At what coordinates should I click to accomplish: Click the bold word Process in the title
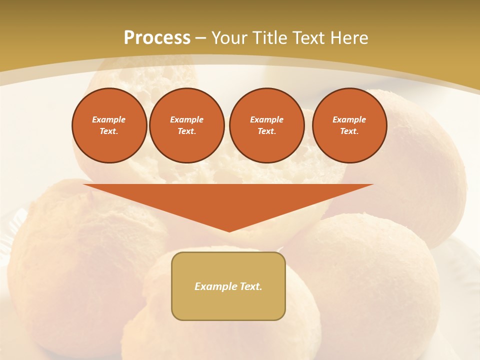tap(157, 38)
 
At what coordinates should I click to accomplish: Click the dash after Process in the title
tap(200, 38)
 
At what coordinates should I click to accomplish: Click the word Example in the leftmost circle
tap(109, 119)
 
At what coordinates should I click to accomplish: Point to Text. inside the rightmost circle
tap(349, 131)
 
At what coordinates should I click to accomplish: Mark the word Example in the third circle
tap(266, 119)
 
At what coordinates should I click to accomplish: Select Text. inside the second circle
tap(186, 131)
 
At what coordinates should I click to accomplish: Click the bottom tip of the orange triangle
tap(229, 230)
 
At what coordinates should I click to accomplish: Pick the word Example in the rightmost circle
tap(349, 119)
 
